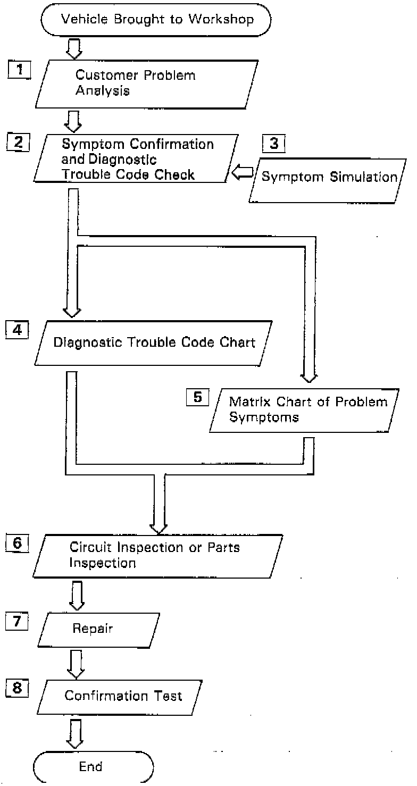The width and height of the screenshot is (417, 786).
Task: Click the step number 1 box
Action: tap(19, 70)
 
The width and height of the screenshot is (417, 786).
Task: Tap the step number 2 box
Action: tap(18, 142)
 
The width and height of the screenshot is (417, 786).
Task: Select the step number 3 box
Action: tap(274, 144)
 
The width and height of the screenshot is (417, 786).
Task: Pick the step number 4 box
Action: tap(17, 330)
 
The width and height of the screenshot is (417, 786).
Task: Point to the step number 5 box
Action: tap(198, 397)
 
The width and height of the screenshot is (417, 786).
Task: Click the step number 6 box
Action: tap(17, 543)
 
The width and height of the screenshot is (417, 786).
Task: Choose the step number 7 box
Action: tap(17, 621)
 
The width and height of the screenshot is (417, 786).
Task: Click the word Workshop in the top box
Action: tap(221, 19)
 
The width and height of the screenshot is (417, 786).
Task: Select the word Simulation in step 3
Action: tap(364, 177)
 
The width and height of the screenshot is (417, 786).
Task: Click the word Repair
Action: tap(93, 628)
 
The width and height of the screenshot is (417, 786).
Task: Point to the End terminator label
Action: tap(90, 766)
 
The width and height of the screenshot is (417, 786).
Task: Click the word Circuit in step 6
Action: tap(91, 547)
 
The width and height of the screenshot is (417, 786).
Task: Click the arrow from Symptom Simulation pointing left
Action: tap(242, 172)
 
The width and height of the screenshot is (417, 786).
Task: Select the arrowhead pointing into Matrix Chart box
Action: tap(309, 378)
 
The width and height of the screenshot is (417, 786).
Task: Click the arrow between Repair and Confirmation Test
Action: tap(76, 664)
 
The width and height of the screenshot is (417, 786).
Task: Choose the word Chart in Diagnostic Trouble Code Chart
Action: tap(237, 342)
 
